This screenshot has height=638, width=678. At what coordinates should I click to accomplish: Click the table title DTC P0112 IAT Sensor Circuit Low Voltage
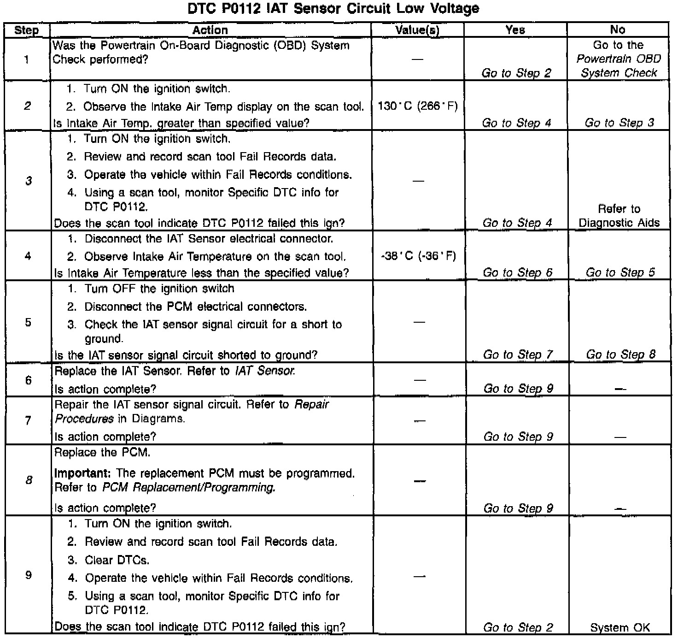point(333,8)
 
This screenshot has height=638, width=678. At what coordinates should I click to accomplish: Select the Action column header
point(210,30)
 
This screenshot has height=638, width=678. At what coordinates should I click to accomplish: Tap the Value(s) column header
point(417,30)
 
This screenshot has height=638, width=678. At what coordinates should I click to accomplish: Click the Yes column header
point(515,30)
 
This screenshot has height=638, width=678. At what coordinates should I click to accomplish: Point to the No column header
point(618,30)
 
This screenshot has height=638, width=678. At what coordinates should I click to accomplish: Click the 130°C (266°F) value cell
point(418,106)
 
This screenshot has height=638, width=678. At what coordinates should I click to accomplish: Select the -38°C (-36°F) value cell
point(418,256)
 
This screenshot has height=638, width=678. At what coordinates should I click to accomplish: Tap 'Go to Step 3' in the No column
point(620,123)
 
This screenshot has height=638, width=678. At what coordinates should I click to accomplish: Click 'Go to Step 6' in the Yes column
point(517,273)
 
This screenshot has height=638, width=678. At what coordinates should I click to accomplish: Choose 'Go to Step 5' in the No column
point(620,273)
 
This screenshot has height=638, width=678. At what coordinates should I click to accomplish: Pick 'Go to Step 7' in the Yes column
point(518,355)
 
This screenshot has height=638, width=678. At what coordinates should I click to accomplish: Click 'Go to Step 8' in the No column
point(621,355)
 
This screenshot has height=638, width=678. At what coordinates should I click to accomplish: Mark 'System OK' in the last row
point(620,627)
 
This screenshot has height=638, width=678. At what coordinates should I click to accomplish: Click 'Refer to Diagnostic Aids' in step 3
point(619,216)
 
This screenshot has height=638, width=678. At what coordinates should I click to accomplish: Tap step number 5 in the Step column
point(29,322)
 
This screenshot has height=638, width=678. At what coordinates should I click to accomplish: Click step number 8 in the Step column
point(29,480)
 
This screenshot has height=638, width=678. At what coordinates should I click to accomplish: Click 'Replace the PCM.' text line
point(102,453)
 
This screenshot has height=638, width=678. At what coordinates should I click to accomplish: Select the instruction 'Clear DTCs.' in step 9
point(117,561)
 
